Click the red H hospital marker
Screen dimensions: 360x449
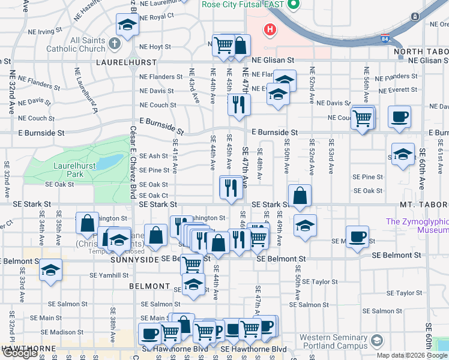270,29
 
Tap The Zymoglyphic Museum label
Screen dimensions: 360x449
418,226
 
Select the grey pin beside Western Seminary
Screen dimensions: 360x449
376,341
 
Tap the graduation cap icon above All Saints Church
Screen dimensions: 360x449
127,26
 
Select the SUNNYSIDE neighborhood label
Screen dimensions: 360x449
135,260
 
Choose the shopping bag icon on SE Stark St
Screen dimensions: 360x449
300,196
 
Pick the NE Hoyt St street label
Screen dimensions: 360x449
155,46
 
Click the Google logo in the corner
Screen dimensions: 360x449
20,353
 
